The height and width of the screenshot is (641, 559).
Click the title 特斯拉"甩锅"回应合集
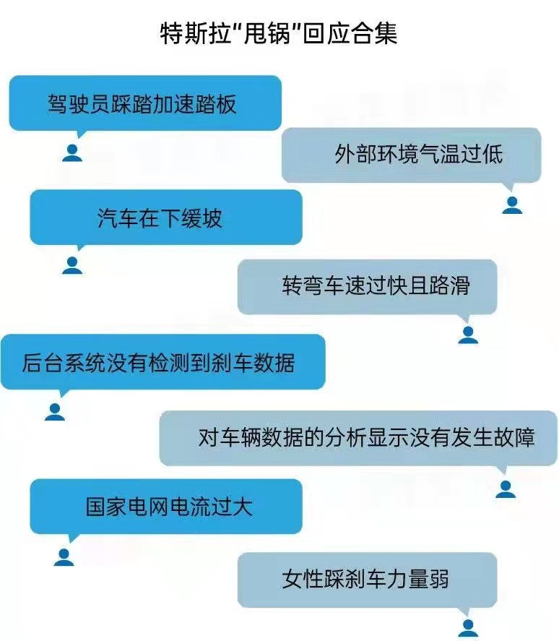(279, 33)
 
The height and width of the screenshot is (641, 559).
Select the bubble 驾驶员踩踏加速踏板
(144, 103)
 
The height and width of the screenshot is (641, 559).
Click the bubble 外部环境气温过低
(411, 155)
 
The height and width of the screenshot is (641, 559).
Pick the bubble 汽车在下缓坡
(165, 218)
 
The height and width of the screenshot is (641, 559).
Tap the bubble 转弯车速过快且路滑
(368, 286)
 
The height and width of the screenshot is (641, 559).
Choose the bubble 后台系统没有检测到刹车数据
(162, 361)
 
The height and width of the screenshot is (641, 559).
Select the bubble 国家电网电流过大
(165, 506)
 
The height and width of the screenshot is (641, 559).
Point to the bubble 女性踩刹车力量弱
(368, 579)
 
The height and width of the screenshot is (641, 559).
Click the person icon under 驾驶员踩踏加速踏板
(72, 152)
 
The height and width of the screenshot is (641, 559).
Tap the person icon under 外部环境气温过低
(511, 205)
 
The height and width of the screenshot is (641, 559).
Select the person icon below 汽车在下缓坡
(72, 265)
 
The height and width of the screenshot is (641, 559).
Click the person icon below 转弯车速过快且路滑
(468, 335)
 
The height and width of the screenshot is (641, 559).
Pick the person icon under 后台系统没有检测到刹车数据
(55, 412)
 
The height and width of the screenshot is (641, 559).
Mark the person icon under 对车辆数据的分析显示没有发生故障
(506, 489)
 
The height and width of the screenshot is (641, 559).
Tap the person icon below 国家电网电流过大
(64, 556)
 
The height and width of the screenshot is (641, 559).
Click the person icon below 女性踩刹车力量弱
(468, 627)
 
